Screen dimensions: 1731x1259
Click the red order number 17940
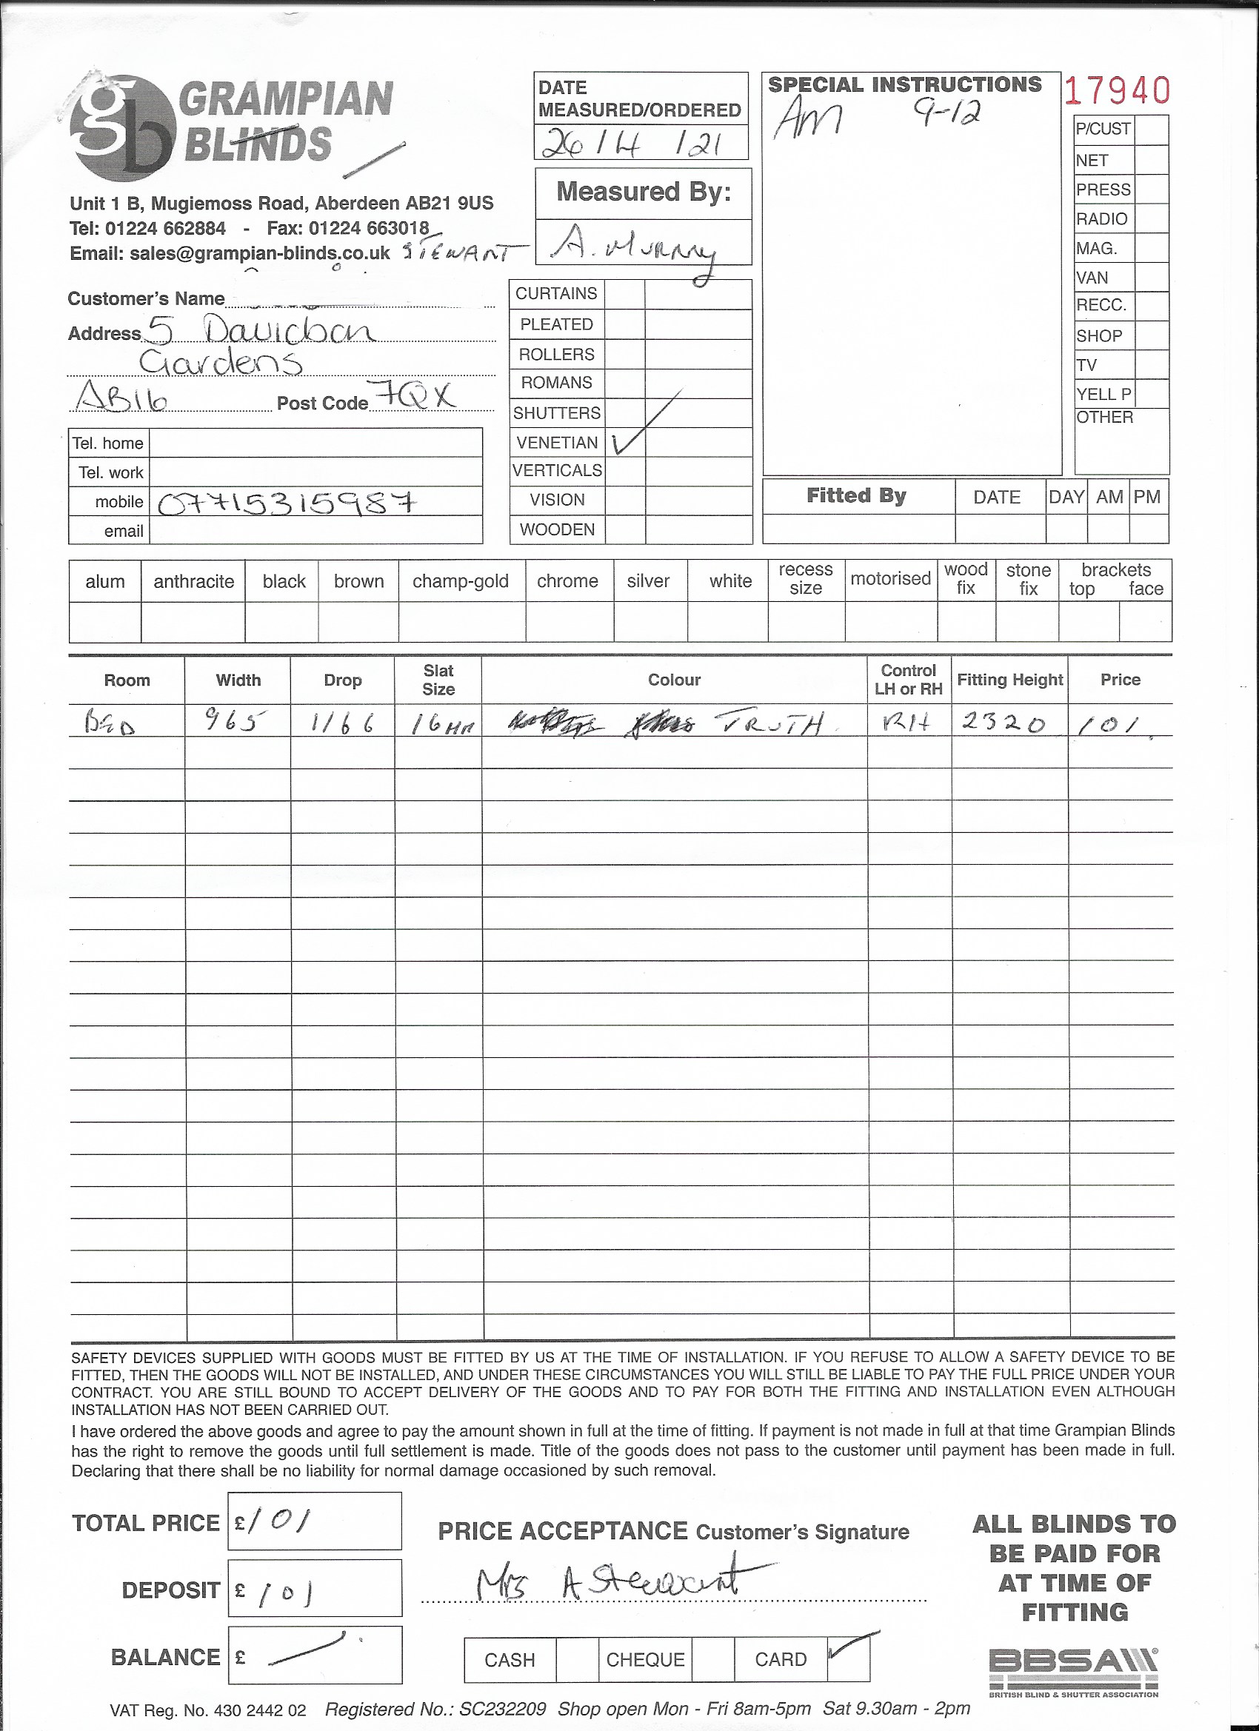(1117, 91)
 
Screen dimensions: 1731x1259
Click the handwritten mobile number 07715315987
(287, 503)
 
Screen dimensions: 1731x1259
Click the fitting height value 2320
(1003, 721)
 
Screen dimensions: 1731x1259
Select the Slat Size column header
(438, 679)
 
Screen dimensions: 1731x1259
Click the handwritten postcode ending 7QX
(416, 396)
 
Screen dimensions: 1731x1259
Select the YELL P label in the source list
(1103, 394)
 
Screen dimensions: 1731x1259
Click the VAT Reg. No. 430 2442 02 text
(207, 1710)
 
